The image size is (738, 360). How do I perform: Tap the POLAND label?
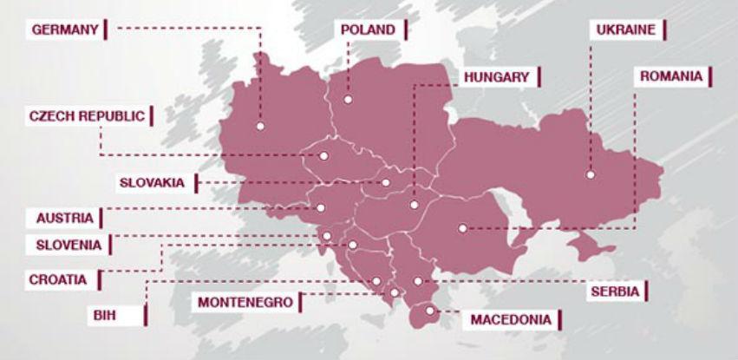pyautogui.click(x=368, y=29)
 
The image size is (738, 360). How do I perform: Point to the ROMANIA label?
pyautogui.click(x=670, y=76)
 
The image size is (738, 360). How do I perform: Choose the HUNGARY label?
pyautogui.click(x=495, y=77)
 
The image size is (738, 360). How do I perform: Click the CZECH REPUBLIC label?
pyautogui.click(x=87, y=115)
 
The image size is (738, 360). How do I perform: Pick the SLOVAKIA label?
pyautogui.click(x=152, y=182)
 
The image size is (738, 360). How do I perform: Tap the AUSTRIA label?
pyautogui.click(x=64, y=218)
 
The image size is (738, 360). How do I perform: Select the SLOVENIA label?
pyautogui.click(x=69, y=245)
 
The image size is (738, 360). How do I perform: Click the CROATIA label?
pyautogui.click(x=57, y=279)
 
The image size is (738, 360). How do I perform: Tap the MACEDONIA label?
pyautogui.click(x=510, y=319)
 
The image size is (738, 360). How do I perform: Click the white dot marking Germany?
pyautogui.click(x=259, y=127)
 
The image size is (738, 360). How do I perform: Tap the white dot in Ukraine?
pyautogui.click(x=590, y=174)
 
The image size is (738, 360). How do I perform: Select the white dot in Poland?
pyautogui.click(x=347, y=100)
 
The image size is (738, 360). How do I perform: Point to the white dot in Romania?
pyautogui.click(x=462, y=229)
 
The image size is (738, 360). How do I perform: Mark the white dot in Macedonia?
pyautogui.click(x=428, y=310)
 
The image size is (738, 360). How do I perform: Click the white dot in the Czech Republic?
pyautogui.click(x=323, y=157)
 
